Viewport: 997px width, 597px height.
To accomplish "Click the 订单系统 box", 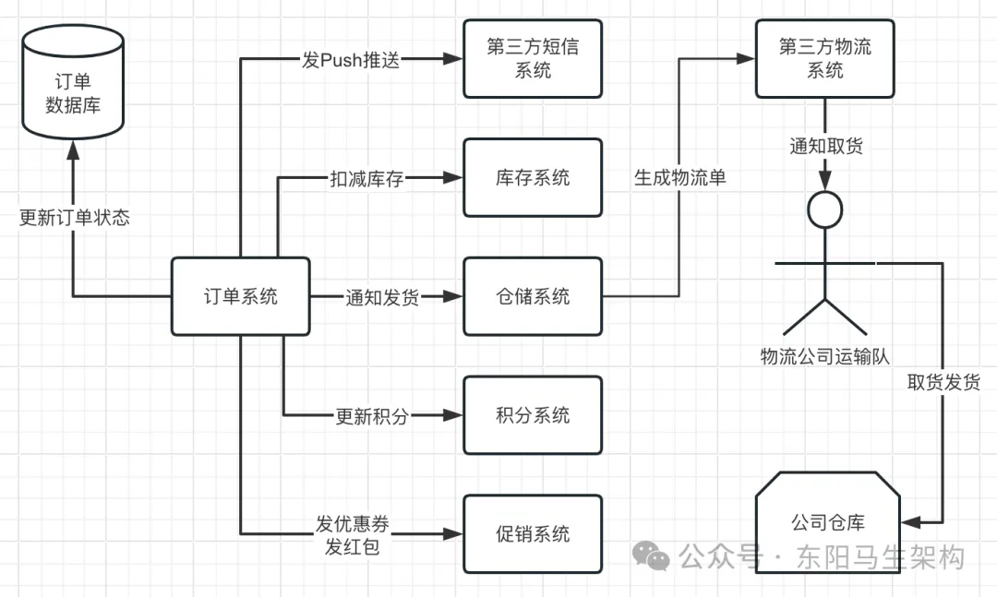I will pos(240,296).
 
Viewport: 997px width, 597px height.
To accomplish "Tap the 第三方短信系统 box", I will pos(533,58).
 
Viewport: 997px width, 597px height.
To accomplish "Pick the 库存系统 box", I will pos(533,177).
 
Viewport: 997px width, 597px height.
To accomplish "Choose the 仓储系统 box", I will pos(533,296).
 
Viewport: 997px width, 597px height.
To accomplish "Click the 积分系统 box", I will pos(533,415).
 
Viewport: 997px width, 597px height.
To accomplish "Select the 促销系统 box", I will pos(533,533).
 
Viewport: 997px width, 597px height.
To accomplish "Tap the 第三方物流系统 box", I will pos(824,58).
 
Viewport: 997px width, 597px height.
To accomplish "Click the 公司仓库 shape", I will pos(827,522).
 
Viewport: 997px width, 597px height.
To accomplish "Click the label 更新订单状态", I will pos(74,219).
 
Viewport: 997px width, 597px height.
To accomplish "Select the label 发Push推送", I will pos(352,59).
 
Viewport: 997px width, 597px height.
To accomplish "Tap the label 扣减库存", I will pos(367,178).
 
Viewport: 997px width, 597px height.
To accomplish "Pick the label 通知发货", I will pos(382,297).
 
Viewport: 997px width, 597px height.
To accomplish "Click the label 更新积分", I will pos(371,416).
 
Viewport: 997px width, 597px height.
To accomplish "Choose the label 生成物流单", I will pos(679,177).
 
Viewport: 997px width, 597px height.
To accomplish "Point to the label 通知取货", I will pos(825,146).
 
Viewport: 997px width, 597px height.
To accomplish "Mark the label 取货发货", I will pos(943,382).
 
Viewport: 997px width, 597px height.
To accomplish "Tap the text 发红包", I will pos(352,546).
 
